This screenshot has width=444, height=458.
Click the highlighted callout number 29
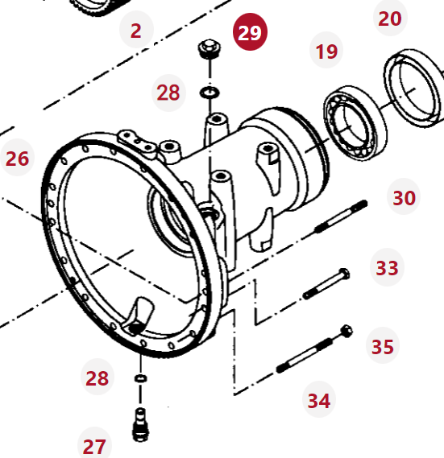250,32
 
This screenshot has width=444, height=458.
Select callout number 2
136,30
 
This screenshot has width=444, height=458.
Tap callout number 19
326,50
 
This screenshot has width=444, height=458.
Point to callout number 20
390,18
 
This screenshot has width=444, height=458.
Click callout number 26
17,158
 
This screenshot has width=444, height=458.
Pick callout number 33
387,266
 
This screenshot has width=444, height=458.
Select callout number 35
383,345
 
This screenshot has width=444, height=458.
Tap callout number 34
319,399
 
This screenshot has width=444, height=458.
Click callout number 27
94,445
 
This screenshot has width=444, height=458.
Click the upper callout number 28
168,92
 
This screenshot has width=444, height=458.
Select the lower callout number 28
98,377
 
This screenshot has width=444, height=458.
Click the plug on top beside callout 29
210,49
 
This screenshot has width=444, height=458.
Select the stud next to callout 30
341,217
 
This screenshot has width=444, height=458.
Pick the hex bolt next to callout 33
326,283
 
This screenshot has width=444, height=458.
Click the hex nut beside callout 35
346,331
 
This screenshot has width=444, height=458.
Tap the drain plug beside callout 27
141,424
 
